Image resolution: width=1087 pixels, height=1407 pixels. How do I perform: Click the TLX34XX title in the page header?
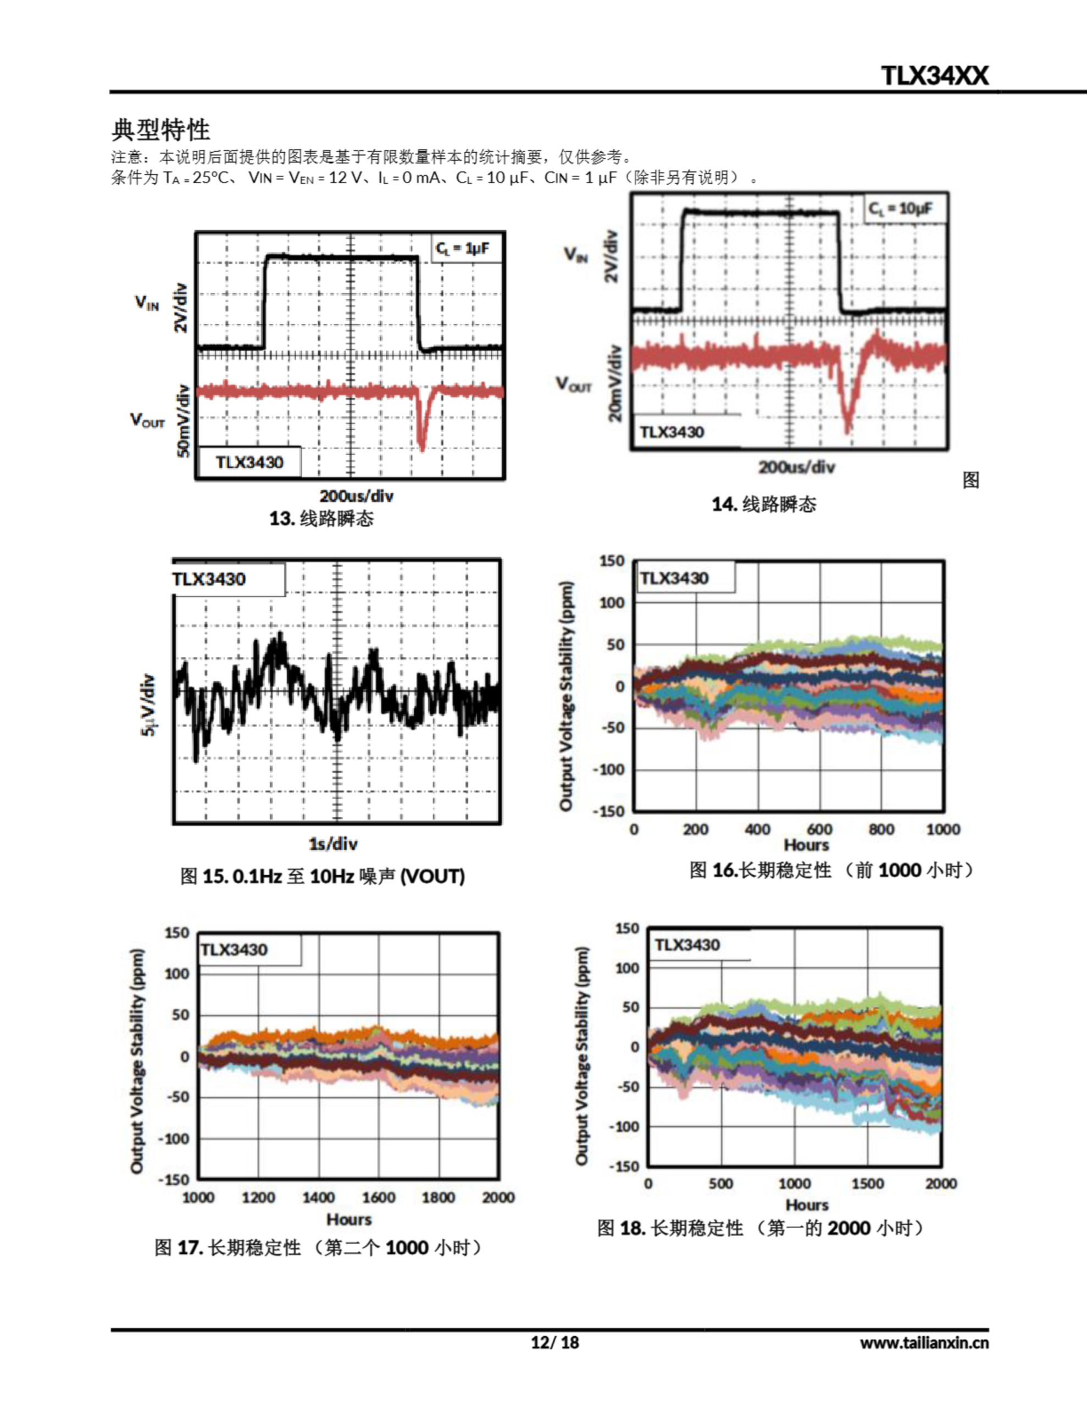pyautogui.click(x=934, y=76)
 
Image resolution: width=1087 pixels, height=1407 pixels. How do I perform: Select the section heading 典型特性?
pyautogui.click(x=160, y=130)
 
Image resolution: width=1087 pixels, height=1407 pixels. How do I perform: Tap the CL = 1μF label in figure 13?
pyautogui.click(x=463, y=248)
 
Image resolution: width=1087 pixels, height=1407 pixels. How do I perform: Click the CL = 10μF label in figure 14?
pyautogui.click(x=900, y=208)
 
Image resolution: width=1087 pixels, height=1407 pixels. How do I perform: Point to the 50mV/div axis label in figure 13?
pyautogui.click(x=184, y=420)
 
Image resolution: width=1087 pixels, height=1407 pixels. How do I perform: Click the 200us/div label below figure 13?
pyautogui.click(x=356, y=495)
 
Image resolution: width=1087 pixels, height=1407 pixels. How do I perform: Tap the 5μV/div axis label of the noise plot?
pyautogui.click(x=148, y=705)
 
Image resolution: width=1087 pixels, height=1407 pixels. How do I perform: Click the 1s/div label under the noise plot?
pyautogui.click(x=333, y=843)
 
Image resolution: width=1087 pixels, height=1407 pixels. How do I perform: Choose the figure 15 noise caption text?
pyautogui.click(x=322, y=876)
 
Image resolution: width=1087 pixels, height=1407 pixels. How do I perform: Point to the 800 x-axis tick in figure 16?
pyautogui.click(x=881, y=829)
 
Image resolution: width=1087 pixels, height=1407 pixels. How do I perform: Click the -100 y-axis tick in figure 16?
pyautogui.click(x=609, y=769)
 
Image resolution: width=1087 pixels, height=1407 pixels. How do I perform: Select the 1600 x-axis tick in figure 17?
pyautogui.click(x=378, y=1197)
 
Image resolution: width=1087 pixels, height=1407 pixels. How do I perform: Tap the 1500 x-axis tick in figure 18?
pyautogui.click(x=867, y=1183)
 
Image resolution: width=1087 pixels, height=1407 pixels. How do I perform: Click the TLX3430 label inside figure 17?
pyautogui.click(x=234, y=950)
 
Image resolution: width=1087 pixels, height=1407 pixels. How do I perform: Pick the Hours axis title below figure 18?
pyautogui.click(x=807, y=1204)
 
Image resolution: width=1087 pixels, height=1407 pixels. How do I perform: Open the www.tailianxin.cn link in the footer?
pyautogui.click(x=924, y=1343)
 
